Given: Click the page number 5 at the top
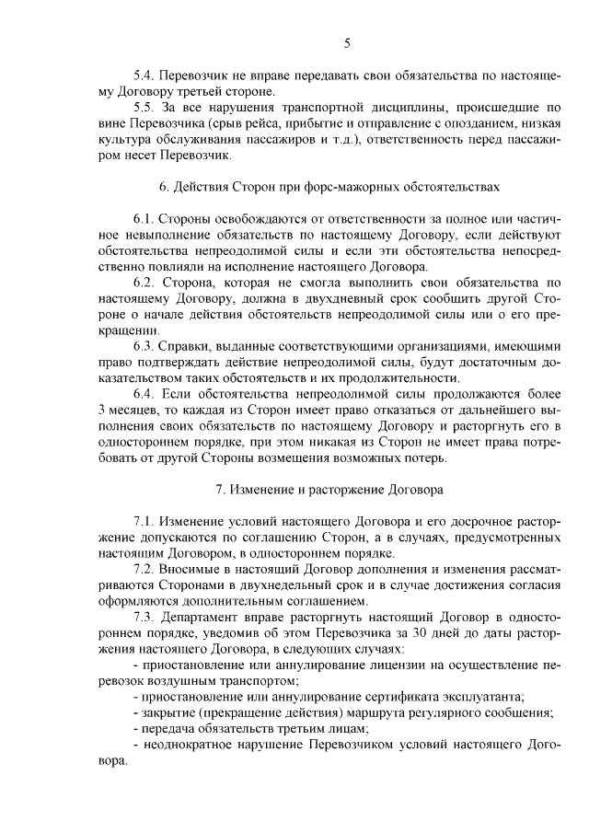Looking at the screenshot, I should (347, 42).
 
